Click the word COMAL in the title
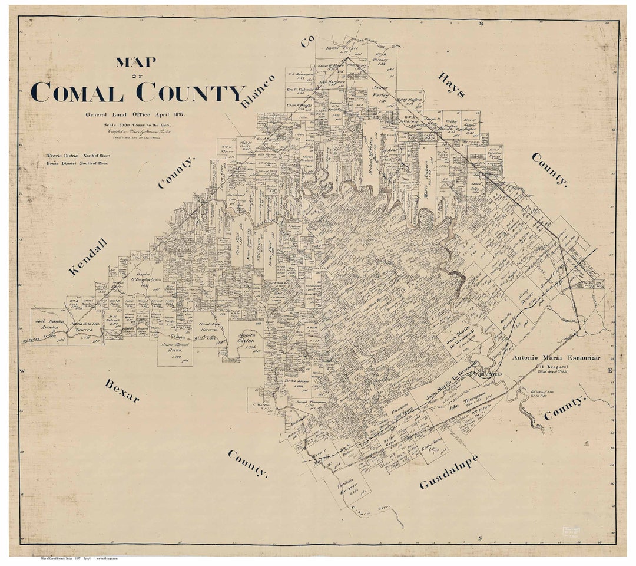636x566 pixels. [77, 93]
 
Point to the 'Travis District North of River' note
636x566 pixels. [78, 156]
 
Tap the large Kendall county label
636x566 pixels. [88, 257]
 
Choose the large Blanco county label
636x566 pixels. [258, 91]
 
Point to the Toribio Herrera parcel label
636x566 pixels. [347, 488]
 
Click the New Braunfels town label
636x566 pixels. [484, 374]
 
